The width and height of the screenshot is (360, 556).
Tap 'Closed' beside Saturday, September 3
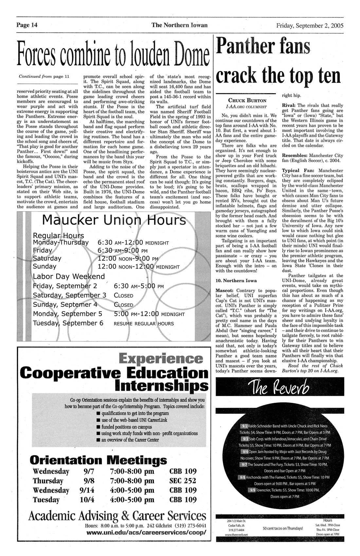click(x=123, y=295)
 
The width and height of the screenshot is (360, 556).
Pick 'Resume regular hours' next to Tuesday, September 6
click(x=144, y=323)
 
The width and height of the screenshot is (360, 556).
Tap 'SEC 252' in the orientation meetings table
click(x=183, y=481)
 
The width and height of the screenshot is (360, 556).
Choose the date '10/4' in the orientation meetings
click(x=87, y=500)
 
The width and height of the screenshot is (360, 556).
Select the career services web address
click(x=146, y=532)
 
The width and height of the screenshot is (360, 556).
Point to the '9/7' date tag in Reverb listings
click(x=243, y=465)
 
